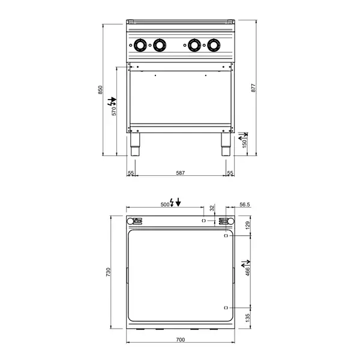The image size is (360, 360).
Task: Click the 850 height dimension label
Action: [x=101, y=89]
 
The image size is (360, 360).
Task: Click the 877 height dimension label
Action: [x=253, y=87]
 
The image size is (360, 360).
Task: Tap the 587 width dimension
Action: [x=180, y=173]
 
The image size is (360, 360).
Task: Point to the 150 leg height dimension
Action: [x=244, y=145]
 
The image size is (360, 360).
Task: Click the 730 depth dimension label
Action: [x=108, y=272]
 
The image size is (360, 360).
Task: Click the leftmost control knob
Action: [x=140, y=44]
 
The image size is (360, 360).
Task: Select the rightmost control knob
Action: [x=214, y=44]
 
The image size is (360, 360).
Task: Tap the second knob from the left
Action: [x=160, y=44]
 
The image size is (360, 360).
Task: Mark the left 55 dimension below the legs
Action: [x=130, y=173]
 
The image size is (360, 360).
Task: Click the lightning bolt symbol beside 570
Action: [x=111, y=100]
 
